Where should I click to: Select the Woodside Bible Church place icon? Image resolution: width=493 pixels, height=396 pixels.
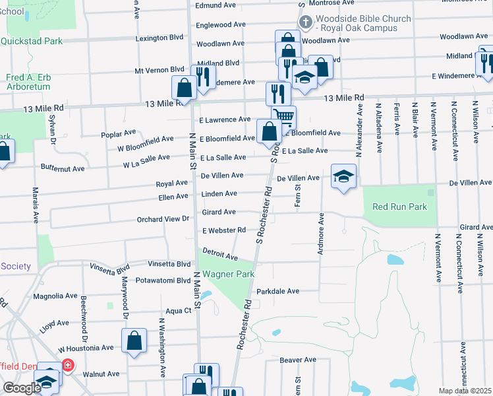click(x=304, y=22)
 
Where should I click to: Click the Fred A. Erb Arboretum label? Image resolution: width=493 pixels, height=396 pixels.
click(x=28, y=82)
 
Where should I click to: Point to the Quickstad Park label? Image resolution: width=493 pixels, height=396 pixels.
click(x=31, y=41)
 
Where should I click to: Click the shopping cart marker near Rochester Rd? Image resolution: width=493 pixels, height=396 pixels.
click(x=283, y=117)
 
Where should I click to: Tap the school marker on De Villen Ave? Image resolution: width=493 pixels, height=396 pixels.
click(x=343, y=176)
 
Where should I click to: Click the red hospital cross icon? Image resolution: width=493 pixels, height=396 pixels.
click(x=68, y=365)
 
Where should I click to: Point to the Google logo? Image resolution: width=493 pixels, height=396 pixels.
click(x=22, y=388)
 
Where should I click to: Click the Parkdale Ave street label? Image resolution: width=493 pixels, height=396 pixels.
click(x=277, y=291)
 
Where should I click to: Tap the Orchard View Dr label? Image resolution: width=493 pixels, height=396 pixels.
click(x=163, y=219)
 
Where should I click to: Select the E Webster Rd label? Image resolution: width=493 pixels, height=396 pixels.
click(x=224, y=230)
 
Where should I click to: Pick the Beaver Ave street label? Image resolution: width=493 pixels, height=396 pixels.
click(x=299, y=360)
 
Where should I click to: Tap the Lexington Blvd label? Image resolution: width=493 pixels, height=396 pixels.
click(x=159, y=38)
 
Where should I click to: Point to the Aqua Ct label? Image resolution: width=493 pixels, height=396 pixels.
click(x=179, y=310)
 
